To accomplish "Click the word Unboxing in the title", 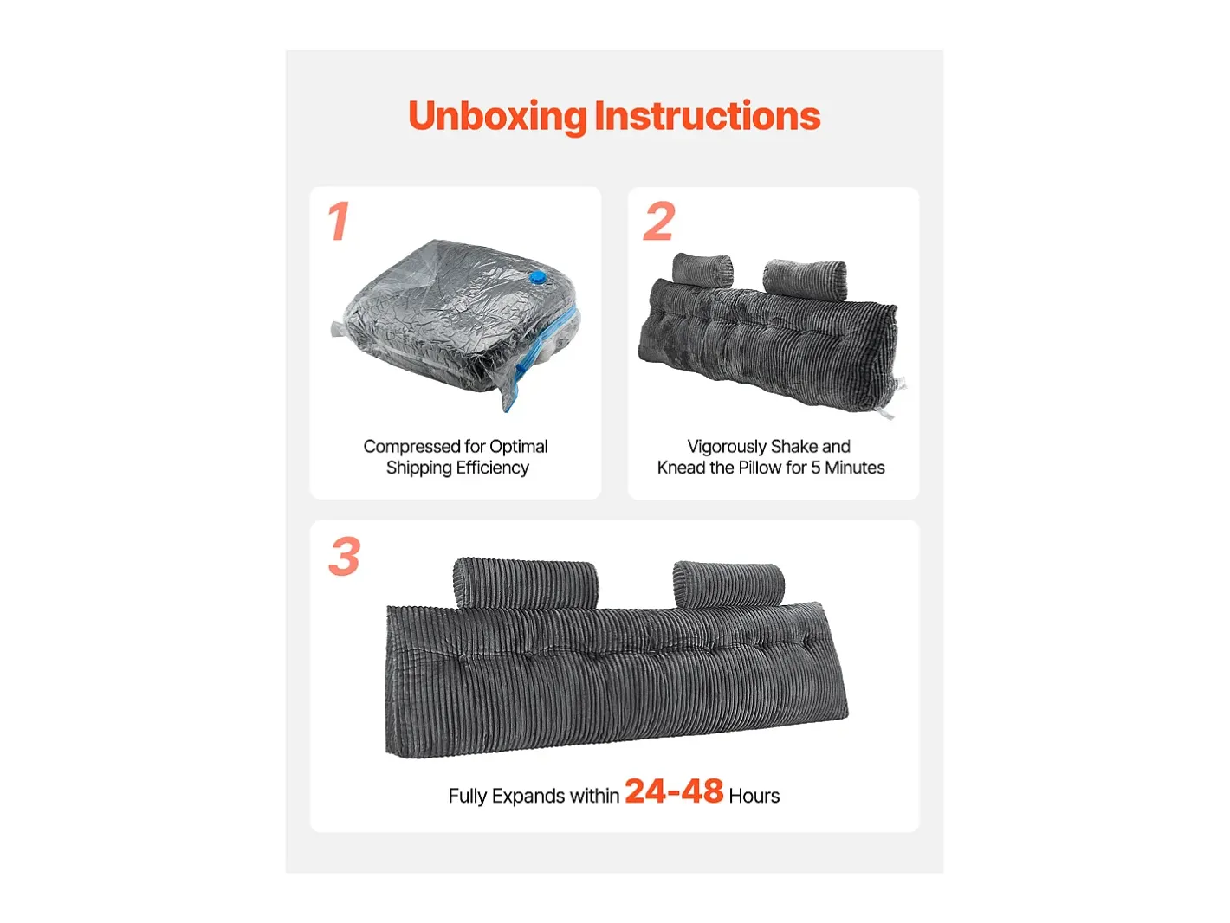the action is pos(498,117).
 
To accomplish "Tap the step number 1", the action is pos(339,222).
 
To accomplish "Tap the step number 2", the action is pos(659,222).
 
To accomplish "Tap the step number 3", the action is pos(344,556).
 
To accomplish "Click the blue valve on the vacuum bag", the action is pos(537,278).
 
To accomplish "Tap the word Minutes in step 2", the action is pos(855,468).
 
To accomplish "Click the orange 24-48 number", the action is pos(674,791).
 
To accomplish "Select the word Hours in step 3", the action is pos(754,796).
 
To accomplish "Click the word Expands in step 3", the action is pos(528,797).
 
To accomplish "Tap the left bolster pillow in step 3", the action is pos(526,583).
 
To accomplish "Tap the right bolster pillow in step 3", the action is pos(728,584).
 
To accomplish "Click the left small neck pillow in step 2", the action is pos(702,270).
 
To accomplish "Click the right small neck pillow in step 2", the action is pos(805,278).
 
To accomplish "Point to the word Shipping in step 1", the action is pos(418,468).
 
